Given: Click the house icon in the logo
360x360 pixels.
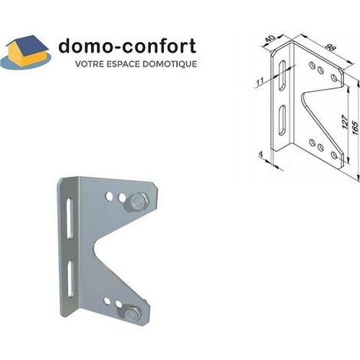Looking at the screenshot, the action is point(27,52).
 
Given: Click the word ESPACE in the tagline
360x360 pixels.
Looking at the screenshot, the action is point(123,64).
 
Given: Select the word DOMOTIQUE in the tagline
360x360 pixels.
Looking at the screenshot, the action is point(169,64).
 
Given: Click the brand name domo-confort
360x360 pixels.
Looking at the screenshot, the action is point(127,46).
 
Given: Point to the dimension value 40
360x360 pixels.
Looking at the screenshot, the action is point(270,39).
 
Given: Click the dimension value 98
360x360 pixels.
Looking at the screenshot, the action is point(330,47).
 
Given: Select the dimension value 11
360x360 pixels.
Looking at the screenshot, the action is point(260,82).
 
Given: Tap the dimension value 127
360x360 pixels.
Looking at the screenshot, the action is point(345,122).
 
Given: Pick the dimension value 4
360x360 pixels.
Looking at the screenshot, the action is point(260,154).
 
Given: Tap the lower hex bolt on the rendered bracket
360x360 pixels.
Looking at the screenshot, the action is point(131,315).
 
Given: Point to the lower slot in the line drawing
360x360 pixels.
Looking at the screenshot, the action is point(282,120).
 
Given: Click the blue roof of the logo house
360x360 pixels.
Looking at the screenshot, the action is point(29,47).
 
